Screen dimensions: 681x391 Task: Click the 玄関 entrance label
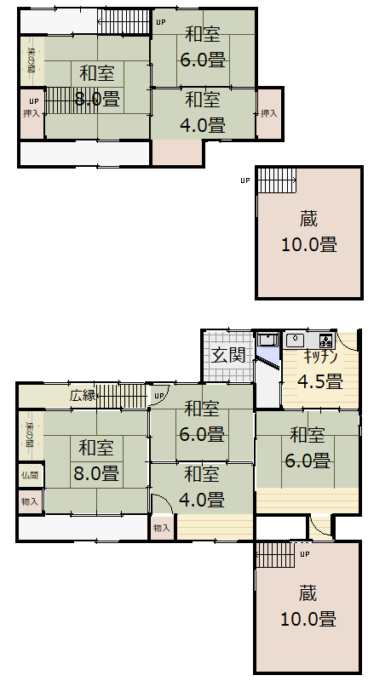pyautogui.click(x=229, y=354)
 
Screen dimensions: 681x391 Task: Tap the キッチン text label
pyautogui.click(x=320, y=358)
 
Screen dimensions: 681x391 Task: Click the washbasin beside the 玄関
pyautogui.click(x=267, y=339)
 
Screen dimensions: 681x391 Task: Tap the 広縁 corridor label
pyautogui.click(x=83, y=395)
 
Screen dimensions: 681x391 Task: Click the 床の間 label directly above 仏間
pyautogui.click(x=30, y=434)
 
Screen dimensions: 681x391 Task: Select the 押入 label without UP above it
pyautogui.click(x=269, y=113)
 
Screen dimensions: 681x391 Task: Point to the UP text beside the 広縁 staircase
pyautogui.click(x=158, y=397)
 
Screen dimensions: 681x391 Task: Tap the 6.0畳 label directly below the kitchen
pyautogui.click(x=308, y=461)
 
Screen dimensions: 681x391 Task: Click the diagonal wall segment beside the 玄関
pyautogui.click(x=268, y=363)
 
